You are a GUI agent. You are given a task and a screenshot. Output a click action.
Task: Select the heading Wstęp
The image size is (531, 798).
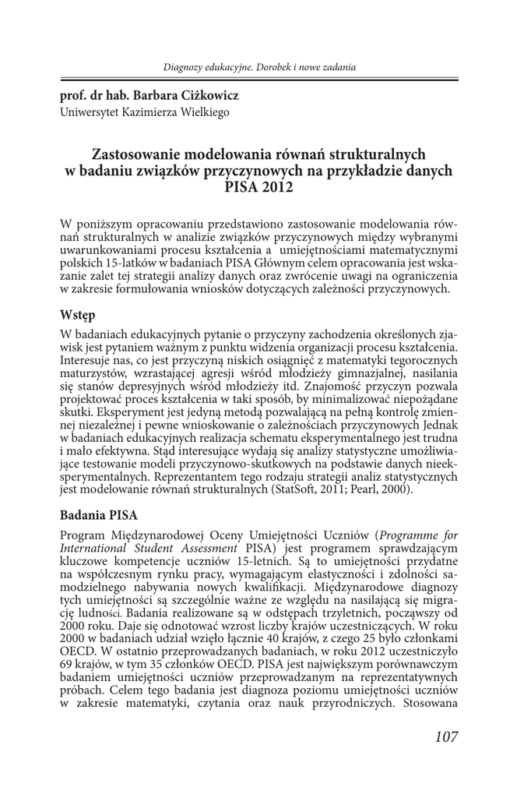pos(77,316)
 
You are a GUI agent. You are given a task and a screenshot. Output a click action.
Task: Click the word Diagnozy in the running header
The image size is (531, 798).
pos(183,67)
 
